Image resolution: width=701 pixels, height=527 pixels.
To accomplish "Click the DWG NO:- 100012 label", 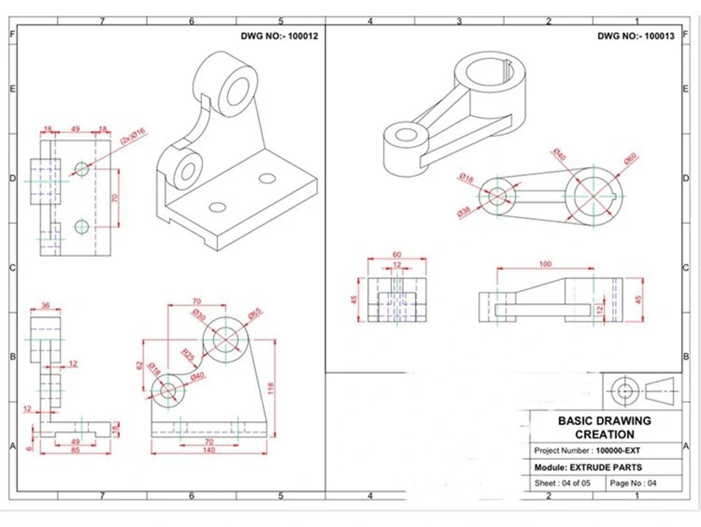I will pos(279,36).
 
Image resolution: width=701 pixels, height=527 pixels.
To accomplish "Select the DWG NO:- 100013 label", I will pos(636,36).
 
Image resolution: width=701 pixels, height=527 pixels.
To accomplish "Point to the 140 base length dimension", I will pos(208,451).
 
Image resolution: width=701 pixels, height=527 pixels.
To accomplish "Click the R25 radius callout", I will pos(187,353).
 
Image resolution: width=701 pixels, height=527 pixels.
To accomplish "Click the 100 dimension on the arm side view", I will pos(545,265).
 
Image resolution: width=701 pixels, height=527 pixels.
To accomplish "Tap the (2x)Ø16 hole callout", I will pos(132,136).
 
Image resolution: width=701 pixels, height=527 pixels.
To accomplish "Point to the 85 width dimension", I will pos(74,451).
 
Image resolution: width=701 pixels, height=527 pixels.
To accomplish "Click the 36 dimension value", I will pos(46,306).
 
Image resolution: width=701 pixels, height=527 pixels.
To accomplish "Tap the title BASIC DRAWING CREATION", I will pos(604,427).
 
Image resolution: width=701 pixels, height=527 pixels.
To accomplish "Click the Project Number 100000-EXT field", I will pos(587,451).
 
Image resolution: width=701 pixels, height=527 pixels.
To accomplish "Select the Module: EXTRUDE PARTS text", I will pos(587,467).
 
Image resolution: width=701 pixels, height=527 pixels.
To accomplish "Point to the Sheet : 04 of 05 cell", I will pos(562,483).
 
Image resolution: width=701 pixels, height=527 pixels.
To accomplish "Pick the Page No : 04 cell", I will pos(633,483).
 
